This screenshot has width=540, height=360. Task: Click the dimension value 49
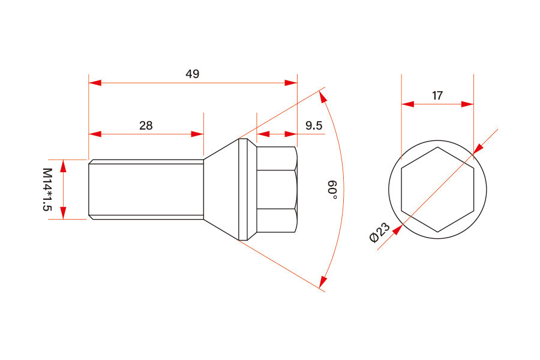192,74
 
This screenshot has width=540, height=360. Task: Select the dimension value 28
146,125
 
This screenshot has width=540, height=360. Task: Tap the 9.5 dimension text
314,125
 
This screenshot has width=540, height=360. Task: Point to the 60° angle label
332,189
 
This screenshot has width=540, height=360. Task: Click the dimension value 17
437,95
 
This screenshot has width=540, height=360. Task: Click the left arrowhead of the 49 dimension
95,82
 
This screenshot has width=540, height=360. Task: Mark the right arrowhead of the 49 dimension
291,82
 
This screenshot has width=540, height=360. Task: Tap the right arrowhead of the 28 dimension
197,134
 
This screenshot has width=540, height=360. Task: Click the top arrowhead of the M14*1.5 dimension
64,166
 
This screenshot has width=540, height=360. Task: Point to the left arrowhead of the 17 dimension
408,104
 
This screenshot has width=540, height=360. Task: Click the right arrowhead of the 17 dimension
467,104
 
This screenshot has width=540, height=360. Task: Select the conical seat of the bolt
222,190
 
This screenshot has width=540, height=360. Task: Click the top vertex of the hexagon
437,147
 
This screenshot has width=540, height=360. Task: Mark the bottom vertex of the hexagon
437,232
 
